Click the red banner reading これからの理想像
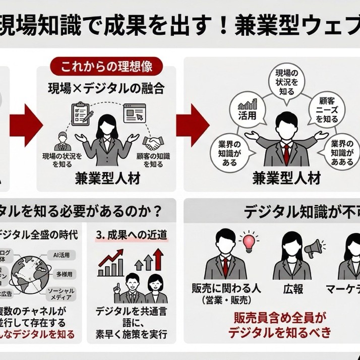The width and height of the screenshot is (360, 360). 107,66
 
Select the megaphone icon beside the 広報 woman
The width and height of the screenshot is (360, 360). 313,247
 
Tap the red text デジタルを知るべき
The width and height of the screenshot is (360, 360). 280,332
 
